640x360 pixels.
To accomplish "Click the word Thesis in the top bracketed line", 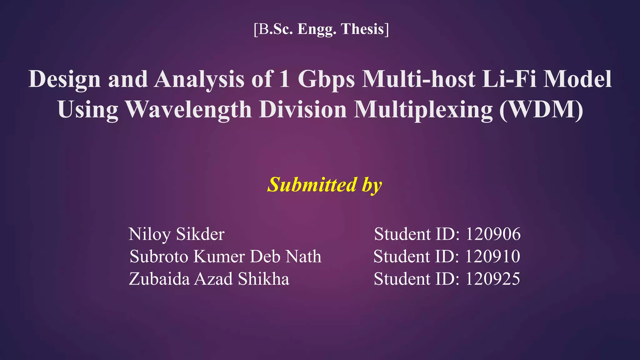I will [x=362, y=29].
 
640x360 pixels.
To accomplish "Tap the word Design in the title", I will [x=64, y=79].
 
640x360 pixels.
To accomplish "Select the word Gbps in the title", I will [x=326, y=79].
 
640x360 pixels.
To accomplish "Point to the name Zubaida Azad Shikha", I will [x=209, y=279].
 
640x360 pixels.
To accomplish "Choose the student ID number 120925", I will [x=492, y=279].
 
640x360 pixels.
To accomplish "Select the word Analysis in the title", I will [x=199, y=79].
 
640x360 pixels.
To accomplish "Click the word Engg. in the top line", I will [x=317, y=29].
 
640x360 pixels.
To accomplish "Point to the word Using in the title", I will [x=88, y=110].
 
